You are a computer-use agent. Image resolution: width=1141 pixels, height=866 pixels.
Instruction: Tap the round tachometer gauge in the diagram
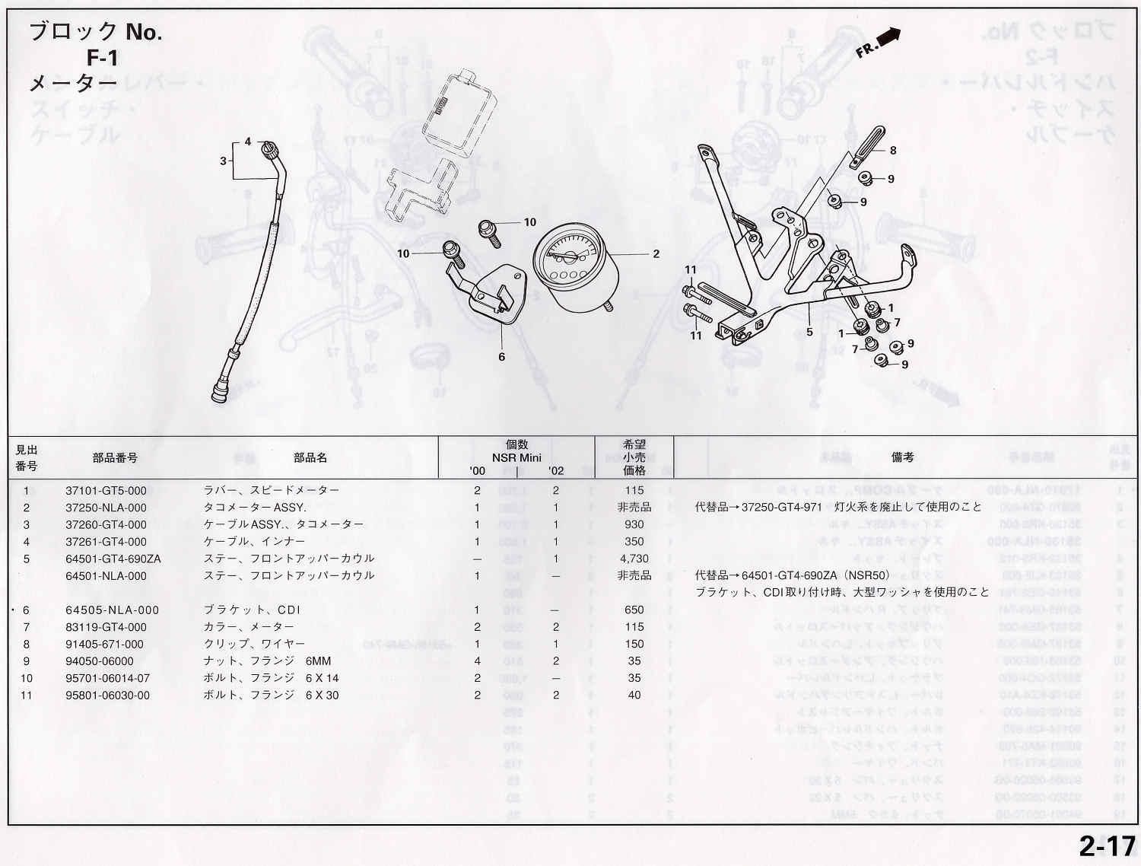click(x=570, y=267)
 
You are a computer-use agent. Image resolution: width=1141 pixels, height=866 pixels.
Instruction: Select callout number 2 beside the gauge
click(x=656, y=254)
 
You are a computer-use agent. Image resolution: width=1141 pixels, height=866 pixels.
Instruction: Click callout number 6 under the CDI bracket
click(x=501, y=356)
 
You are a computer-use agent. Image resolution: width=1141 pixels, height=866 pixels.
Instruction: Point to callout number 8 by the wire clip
click(x=893, y=151)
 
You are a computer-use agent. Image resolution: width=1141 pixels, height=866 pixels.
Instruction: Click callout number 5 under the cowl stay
click(x=809, y=332)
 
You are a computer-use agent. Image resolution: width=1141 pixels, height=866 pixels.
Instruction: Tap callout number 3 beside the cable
click(x=223, y=161)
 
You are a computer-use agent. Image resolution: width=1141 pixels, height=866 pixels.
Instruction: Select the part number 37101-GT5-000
click(x=106, y=491)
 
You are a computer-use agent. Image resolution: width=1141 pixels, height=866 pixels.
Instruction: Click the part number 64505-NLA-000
click(x=112, y=610)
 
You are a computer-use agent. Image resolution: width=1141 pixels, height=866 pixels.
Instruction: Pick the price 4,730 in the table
click(x=634, y=559)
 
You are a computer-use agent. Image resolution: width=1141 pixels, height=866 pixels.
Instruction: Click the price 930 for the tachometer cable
click(x=634, y=524)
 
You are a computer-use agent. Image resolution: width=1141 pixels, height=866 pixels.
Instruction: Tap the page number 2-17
click(x=1106, y=846)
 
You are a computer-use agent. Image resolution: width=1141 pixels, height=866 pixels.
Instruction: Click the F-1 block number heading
click(x=102, y=58)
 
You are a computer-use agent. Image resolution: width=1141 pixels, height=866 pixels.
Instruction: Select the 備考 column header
click(x=902, y=457)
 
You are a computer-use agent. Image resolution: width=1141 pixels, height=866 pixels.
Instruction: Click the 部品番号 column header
click(x=115, y=458)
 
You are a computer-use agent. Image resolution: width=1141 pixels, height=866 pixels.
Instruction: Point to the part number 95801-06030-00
click(x=107, y=696)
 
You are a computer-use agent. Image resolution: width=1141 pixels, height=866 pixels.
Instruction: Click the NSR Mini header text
click(x=516, y=457)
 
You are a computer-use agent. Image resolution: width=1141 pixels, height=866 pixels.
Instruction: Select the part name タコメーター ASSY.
click(x=255, y=508)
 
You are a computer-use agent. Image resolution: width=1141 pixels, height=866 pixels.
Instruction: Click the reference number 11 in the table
click(x=27, y=696)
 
